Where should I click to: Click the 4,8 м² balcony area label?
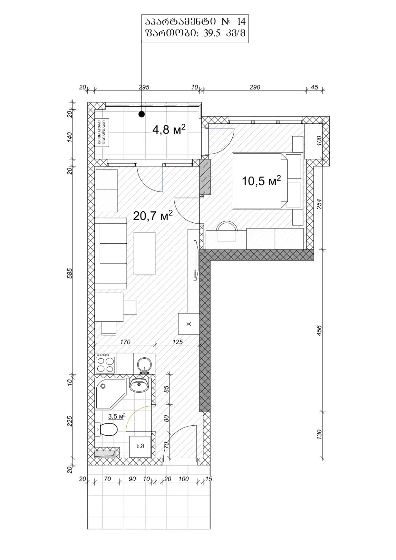[x=169, y=129]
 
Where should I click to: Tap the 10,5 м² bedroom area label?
[x=261, y=181]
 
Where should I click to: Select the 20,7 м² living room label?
[x=152, y=216]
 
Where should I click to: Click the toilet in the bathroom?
[x=106, y=430]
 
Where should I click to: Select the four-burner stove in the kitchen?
[x=105, y=364]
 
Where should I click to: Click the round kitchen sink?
[x=145, y=364]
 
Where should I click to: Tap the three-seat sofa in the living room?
[x=111, y=253]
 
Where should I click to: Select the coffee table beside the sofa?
[x=145, y=253]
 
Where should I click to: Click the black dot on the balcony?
[x=142, y=114]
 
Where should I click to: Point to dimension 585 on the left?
[x=70, y=273]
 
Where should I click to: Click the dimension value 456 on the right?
[x=319, y=330]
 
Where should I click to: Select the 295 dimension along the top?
[x=144, y=87]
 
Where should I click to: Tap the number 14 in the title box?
[x=241, y=22]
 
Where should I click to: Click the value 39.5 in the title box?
[x=212, y=34]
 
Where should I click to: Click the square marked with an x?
[x=189, y=324]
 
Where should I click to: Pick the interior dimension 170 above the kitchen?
[x=125, y=342]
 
